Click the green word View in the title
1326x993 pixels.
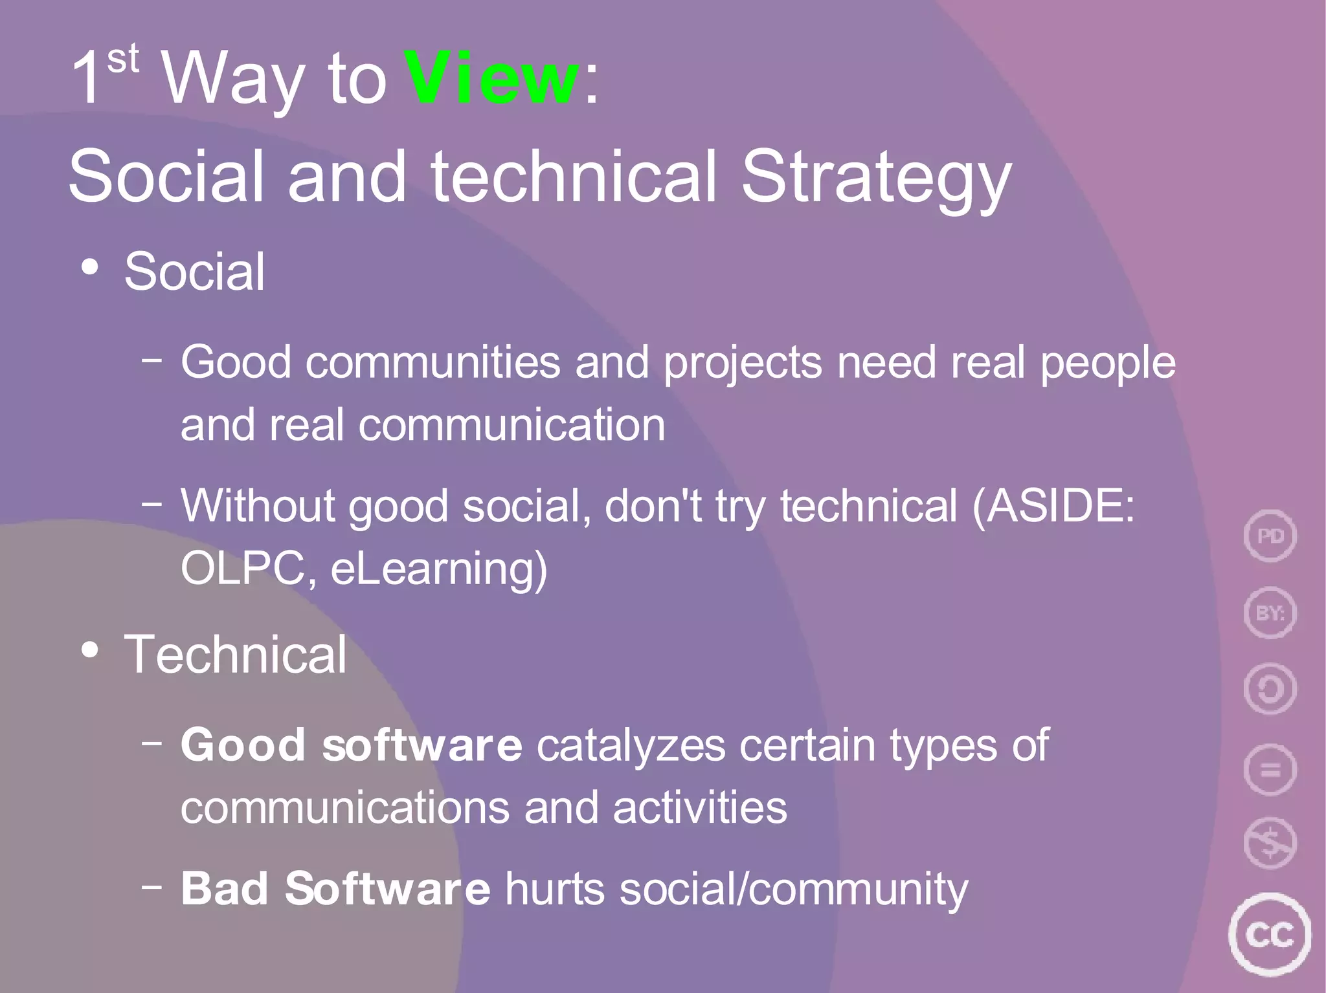[x=491, y=78]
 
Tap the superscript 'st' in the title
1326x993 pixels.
[x=123, y=60]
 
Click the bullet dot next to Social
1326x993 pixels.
[x=90, y=267]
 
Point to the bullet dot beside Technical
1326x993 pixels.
[x=90, y=650]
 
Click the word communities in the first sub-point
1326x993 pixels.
[x=433, y=362]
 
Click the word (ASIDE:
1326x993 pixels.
[x=1053, y=506]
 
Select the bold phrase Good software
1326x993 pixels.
[x=351, y=745]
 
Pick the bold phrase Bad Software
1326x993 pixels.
[x=335, y=889]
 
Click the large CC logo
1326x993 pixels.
[x=1270, y=935]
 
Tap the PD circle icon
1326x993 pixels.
[x=1270, y=536]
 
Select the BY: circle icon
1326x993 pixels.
[x=1270, y=612]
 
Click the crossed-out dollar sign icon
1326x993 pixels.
[x=1270, y=843]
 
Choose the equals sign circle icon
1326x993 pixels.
[x=1270, y=770]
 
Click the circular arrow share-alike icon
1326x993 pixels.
[x=1270, y=689]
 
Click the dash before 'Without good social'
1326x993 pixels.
[x=152, y=503]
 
